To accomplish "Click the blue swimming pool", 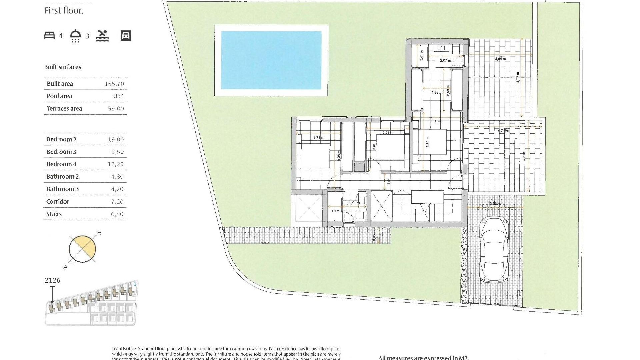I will pos(271,60).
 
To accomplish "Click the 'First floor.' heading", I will pos(64,11).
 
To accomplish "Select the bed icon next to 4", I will pos(49,35).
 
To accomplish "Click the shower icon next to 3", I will pos(76,36).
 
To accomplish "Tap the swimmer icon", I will pos(102,36).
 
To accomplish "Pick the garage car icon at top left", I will pos(126,36).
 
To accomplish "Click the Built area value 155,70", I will pos(114,84).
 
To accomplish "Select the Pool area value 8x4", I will pos(119,96).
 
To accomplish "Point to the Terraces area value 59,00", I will pos(116,109).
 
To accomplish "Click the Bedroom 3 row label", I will pos(61,152).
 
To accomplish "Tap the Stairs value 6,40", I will pos(117,214).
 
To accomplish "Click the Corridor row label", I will pos(58,202).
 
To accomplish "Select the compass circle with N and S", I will pos(82,249).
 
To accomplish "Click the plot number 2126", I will pos(53,280).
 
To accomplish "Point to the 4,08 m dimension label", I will pos(339,156).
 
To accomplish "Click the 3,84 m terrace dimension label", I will pos(500,59).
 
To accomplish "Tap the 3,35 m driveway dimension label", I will pos(495,204).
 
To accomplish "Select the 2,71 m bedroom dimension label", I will pos(319,137).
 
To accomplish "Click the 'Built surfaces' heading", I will pos(63,67).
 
